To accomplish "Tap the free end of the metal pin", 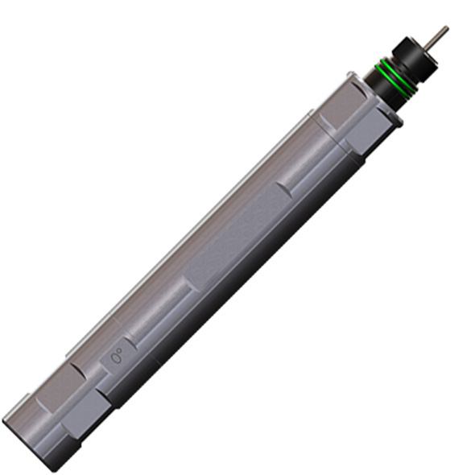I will (445, 28).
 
